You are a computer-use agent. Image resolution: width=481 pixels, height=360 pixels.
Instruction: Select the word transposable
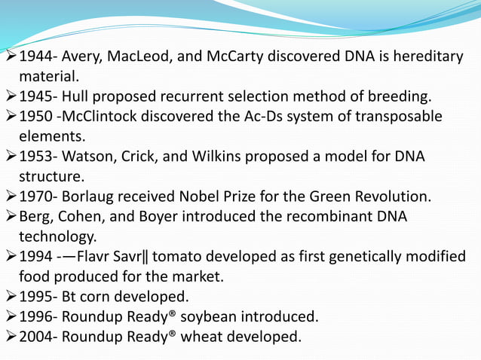[400, 117]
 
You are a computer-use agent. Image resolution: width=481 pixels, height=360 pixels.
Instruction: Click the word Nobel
[207, 197]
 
